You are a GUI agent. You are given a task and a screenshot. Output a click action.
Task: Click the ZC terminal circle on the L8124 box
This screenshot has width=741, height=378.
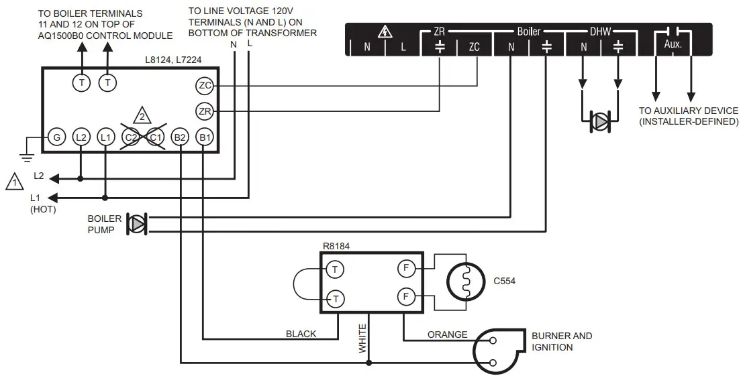[x=204, y=86]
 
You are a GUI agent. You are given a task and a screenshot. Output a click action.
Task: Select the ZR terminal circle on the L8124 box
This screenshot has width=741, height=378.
[x=204, y=111]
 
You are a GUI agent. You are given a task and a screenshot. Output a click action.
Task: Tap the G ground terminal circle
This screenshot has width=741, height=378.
[x=56, y=137]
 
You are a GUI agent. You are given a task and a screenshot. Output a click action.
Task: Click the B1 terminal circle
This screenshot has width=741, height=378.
[x=204, y=137]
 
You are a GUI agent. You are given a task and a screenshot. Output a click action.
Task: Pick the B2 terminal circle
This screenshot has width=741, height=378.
[x=179, y=137]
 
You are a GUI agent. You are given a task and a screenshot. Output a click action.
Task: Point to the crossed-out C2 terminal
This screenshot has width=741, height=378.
[x=130, y=137]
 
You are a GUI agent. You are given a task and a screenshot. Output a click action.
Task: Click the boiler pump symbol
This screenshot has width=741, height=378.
[x=137, y=224]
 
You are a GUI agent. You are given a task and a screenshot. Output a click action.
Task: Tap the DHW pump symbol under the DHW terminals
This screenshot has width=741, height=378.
[x=599, y=121]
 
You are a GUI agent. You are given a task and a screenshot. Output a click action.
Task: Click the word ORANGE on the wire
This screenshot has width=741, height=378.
[x=447, y=334]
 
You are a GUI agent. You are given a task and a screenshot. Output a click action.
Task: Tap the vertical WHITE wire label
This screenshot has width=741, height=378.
[x=363, y=338]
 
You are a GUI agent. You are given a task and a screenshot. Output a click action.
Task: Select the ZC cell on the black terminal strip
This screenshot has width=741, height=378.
[x=474, y=48]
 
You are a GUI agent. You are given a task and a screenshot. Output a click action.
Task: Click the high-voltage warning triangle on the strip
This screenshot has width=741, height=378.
[x=385, y=31]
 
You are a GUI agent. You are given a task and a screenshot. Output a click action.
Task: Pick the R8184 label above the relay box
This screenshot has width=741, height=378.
[x=336, y=246]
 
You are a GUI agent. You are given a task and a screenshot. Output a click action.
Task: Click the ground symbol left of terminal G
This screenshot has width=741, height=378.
[x=27, y=149]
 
